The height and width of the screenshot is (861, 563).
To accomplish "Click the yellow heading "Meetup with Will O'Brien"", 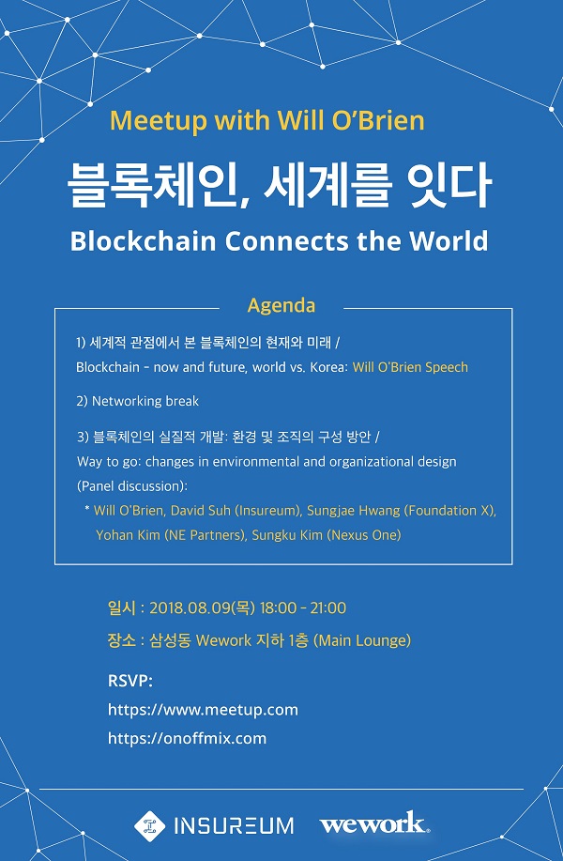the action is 267,121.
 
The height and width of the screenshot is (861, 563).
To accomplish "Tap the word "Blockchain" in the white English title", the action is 144,241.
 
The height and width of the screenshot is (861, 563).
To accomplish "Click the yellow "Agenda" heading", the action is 281,305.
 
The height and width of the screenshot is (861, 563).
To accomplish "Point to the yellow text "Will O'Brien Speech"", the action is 410,367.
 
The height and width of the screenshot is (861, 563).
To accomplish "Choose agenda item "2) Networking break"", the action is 137,402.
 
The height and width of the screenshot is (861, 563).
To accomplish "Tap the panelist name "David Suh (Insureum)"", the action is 236,511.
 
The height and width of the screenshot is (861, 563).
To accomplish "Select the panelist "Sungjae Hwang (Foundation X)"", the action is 401,511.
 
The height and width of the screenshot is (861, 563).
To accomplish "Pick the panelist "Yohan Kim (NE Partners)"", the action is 171,535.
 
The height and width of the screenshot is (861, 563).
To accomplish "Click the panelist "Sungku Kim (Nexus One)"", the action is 327,535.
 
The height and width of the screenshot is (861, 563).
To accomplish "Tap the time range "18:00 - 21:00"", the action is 303,608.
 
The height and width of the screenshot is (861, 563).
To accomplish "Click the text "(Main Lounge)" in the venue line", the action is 362,640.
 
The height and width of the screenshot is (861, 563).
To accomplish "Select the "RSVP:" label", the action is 130,681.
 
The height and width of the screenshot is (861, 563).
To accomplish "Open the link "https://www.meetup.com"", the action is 203,710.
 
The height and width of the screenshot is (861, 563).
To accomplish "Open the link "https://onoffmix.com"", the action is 187,739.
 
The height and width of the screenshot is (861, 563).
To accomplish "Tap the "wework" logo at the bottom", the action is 374,824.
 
